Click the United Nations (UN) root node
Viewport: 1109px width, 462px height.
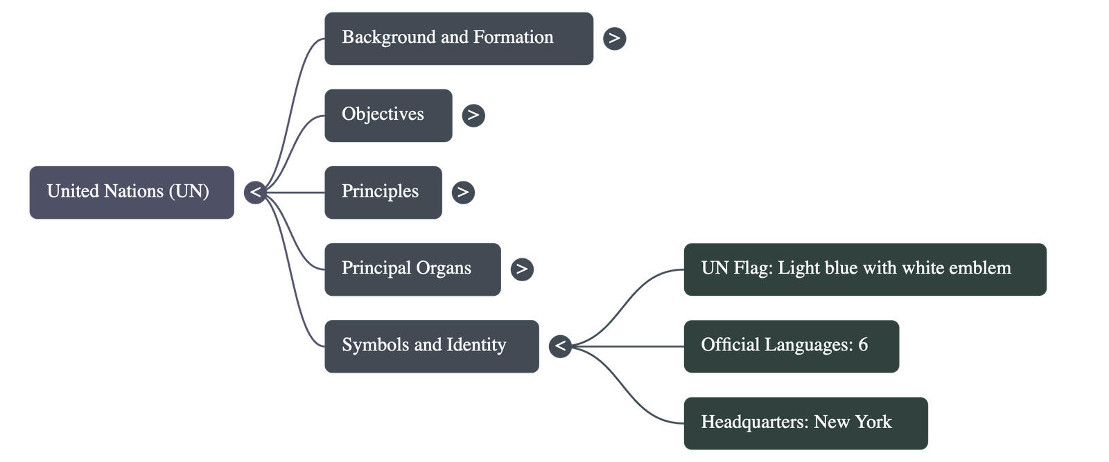coord(131,192)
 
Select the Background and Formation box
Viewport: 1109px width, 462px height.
coord(458,38)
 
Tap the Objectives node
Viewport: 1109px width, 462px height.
coord(387,115)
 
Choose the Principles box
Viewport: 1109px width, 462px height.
coord(383,192)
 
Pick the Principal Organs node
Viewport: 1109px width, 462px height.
coord(412,269)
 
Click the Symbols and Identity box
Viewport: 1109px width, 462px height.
coord(430,346)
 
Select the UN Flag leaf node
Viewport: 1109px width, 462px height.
coord(864,269)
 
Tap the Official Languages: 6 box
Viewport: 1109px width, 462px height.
coord(791,346)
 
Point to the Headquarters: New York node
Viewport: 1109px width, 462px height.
coord(805,423)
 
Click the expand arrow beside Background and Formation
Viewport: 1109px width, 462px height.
coord(614,38)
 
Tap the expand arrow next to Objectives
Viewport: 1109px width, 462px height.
coord(473,115)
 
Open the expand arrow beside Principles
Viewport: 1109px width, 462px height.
coord(463,192)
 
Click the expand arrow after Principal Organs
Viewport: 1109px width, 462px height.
coord(522,269)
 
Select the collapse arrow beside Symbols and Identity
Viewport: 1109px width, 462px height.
coord(560,346)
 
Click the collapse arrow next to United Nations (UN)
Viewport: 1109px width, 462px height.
coord(255,192)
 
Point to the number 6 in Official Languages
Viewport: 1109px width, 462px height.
coord(863,345)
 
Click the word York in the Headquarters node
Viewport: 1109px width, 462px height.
coord(873,422)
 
